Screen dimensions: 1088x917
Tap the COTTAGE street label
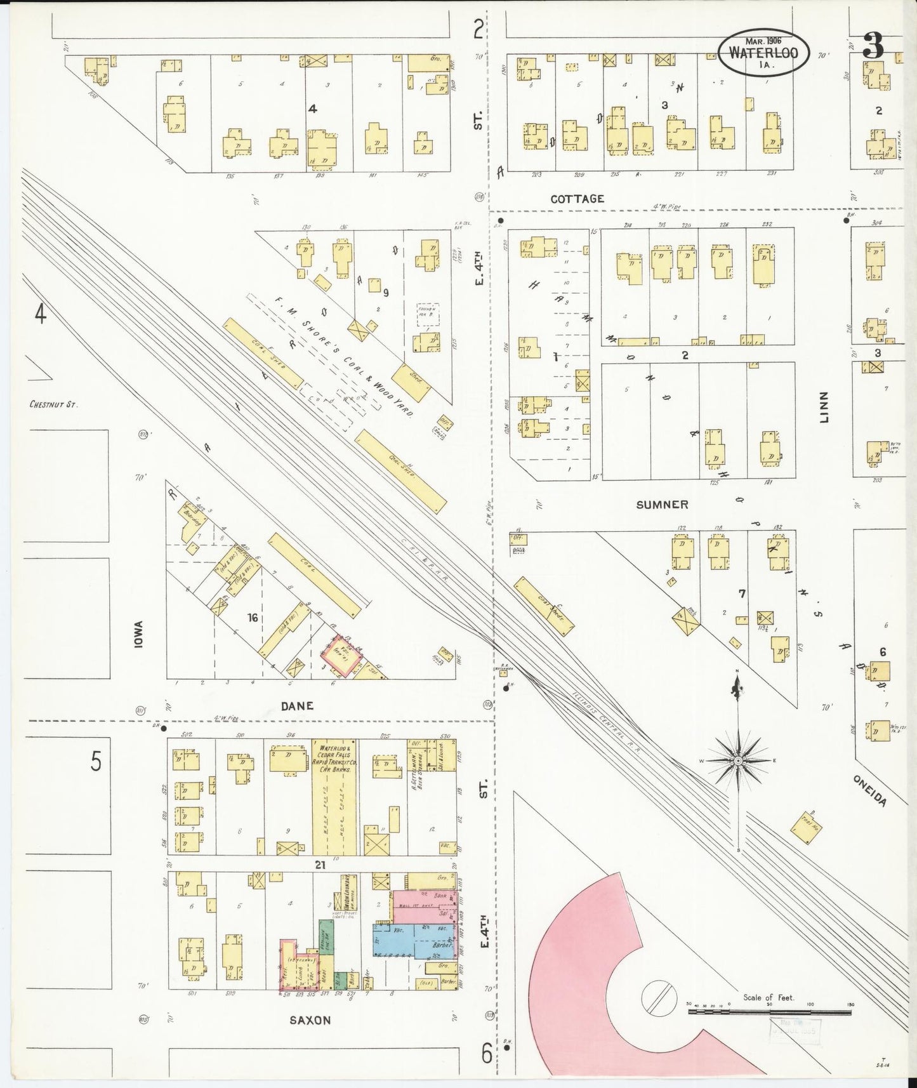[x=577, y=199]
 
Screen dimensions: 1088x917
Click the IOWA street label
[x=139, y=633]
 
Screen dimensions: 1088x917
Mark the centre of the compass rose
[x=737, y=760]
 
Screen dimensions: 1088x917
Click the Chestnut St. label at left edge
[x=53, y=404]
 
